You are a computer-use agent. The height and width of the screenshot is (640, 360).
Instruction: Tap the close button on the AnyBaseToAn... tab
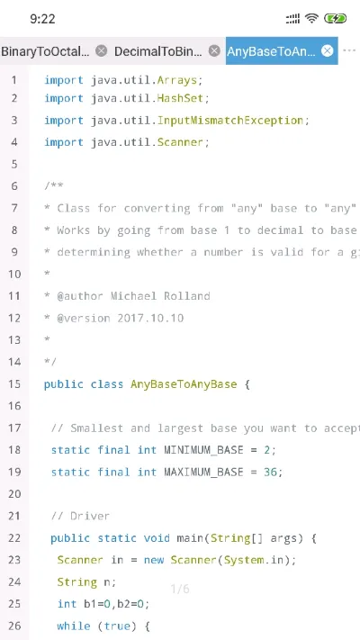327,51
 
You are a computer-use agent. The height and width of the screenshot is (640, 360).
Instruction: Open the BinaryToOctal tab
45,51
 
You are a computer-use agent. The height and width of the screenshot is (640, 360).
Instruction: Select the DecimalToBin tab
158,51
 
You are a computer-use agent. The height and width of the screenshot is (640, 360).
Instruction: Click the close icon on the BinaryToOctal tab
101,51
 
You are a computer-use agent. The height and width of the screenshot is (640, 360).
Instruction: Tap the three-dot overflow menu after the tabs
349,50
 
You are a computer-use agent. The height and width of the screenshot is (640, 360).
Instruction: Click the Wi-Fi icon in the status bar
311,18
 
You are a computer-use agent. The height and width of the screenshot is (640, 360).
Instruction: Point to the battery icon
335,18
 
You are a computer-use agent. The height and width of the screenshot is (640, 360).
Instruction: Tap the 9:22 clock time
42,19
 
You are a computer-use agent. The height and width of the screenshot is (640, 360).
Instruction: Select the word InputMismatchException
230,121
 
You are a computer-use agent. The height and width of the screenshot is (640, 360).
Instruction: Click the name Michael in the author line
133,295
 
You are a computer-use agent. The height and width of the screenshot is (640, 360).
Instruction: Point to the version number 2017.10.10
150,318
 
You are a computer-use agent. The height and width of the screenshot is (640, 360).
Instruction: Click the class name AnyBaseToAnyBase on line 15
184,384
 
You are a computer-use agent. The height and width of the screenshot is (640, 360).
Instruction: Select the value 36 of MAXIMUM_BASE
270,473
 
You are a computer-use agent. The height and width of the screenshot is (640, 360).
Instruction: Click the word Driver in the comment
89,517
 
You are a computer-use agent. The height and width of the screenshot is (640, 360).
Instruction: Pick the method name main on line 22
190,538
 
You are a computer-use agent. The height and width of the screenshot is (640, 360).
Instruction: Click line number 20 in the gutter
14,494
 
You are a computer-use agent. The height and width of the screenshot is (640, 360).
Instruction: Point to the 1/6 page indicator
180,589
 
